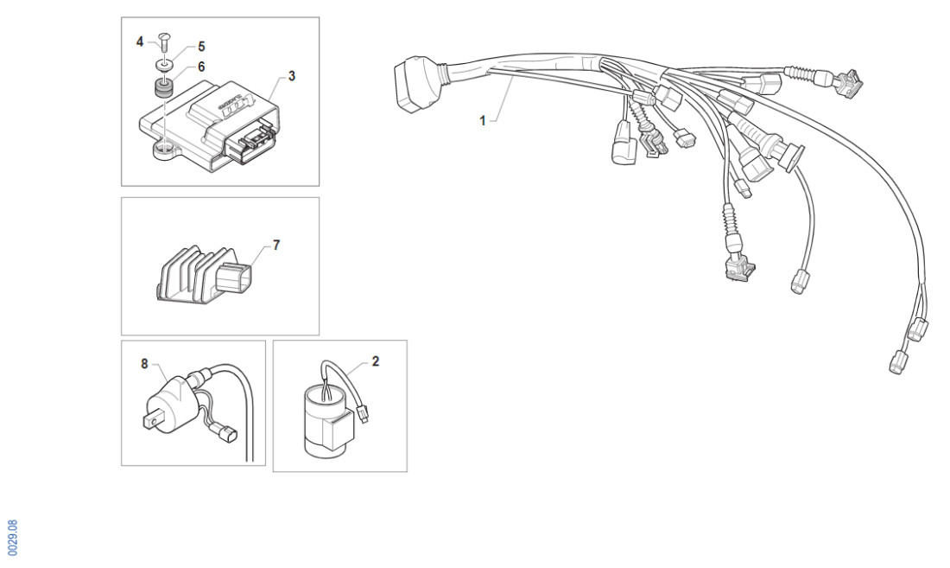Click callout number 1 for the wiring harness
point(483,121)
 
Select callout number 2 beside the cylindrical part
point(376,361)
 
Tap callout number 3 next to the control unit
point(292,76)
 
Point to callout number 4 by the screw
point(140,41)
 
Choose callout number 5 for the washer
point(201,46)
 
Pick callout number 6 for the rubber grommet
point(201,66)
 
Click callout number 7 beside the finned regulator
point(276,246)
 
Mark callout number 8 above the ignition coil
point(145,364)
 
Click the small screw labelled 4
point(165,40)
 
